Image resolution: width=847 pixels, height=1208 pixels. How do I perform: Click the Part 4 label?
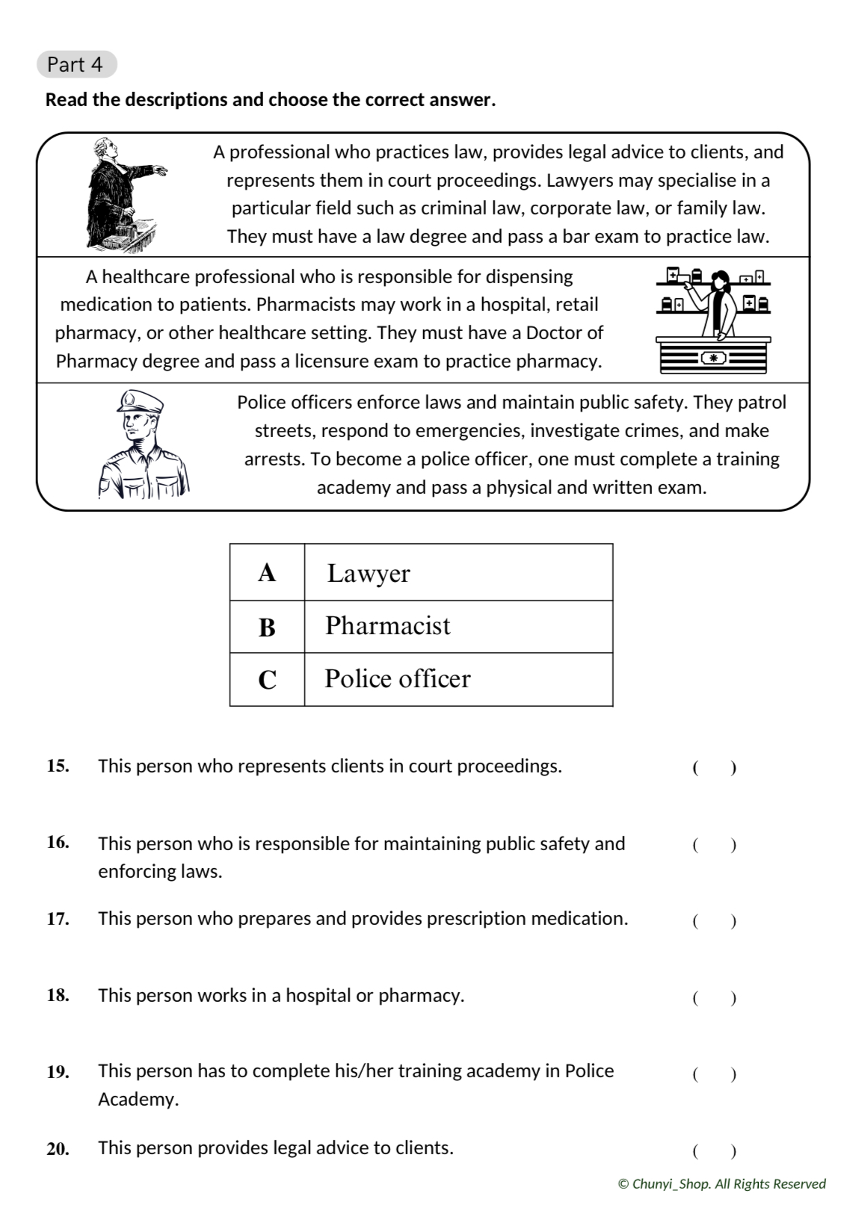coord(76,65)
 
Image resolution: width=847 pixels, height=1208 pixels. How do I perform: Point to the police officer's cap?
coord(139,402)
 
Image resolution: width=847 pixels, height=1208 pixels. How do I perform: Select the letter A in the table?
coord(267,573)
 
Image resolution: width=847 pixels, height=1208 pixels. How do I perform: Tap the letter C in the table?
coord(267,680)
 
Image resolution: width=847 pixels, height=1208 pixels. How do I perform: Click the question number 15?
coord(58,766)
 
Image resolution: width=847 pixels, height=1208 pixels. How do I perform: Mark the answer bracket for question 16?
coord(714,845)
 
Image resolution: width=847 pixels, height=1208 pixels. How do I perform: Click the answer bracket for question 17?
coord(714,920)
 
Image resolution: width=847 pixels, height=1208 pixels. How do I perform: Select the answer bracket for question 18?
coord(714,997)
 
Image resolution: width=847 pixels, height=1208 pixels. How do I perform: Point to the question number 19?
coord(58,1072)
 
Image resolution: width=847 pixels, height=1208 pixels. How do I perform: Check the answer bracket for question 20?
coord(714,1150)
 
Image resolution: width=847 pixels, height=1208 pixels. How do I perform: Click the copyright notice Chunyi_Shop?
coord(721,1183)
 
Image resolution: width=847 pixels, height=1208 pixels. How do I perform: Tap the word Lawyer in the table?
coord(369,574)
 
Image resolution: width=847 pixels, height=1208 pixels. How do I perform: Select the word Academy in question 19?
coord(138,1099)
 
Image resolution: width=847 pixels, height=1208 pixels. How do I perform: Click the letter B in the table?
coord(267,628)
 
